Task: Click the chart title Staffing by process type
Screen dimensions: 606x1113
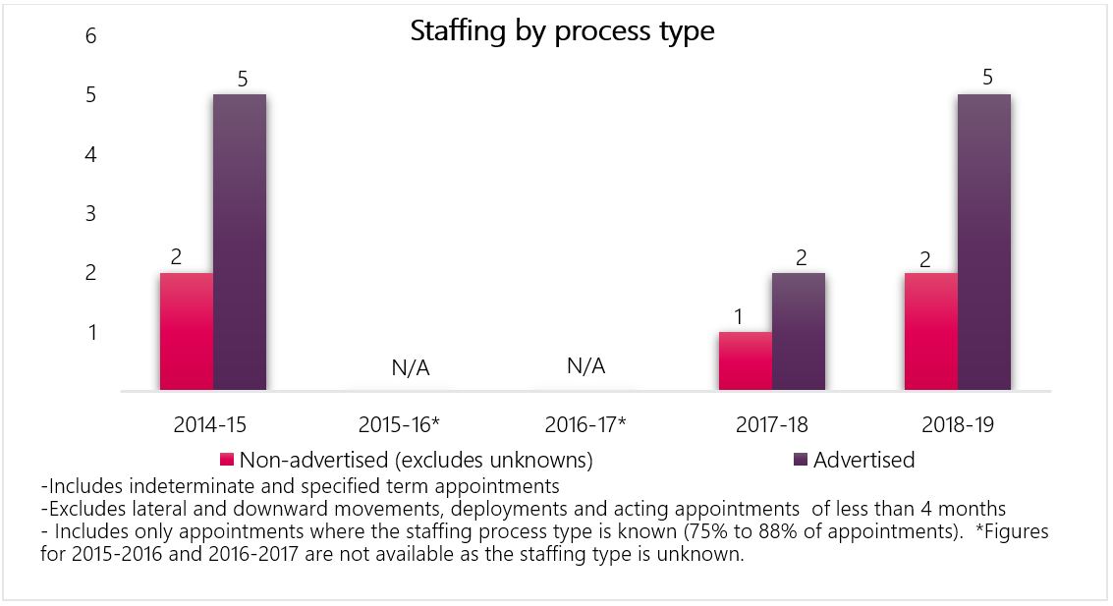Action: click(x=561, y=31)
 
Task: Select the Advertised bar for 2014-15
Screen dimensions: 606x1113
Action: click(x=240, y=243)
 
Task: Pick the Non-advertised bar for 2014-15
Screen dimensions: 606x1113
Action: click(x=187, y=332)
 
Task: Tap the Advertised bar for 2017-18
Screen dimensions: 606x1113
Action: click(x=799, y=332)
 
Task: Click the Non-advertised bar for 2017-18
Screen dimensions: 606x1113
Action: click(x=746, y=361)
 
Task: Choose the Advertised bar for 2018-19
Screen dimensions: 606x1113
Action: click(x=984, y=243)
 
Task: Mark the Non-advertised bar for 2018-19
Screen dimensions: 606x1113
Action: click(x=931, y=332)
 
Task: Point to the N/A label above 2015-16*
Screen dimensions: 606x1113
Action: click(x=411, y=368)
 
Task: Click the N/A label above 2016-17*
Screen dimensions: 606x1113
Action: click(x=585, y=366)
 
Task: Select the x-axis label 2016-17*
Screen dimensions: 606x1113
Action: click(x=585, y=425)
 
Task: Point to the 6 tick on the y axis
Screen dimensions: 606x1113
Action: click(x=91, y=36)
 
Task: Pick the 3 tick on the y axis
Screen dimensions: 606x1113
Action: click(x=91, y=213)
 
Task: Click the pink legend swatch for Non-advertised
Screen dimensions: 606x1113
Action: click(x=227, y=460)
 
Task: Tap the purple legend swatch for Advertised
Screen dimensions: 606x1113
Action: click(x=801, y=460)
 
